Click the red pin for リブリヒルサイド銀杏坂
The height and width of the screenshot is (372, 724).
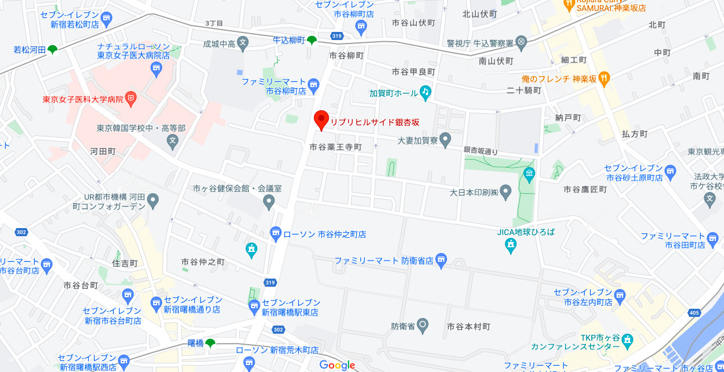[x=321, y=120]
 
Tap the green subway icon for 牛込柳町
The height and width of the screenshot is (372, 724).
[x=312, y=40]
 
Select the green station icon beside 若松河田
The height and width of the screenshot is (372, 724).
[x=53, y=50]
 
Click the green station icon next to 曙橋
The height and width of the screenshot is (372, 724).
[x=210, y=343]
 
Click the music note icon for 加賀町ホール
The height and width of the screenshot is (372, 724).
[x=426, y=92]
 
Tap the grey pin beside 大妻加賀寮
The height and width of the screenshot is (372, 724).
[x=445, y=140]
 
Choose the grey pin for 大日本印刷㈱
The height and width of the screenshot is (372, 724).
[x=506, y=191]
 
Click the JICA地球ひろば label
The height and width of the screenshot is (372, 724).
[x=526, y=232]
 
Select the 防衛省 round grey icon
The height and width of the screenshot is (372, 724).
[x=423, y=326]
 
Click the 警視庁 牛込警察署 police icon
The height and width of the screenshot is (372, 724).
[x=522, y=42]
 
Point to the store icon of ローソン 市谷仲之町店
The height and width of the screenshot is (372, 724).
[x=276, y=234]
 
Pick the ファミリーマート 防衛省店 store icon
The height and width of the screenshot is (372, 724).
[x=441, y=260]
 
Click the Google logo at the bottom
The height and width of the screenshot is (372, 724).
[x=337, y=365]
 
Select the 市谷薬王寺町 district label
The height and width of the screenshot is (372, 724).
[x=335, y=147]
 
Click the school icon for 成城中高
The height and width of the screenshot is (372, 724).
[x=243, y=42]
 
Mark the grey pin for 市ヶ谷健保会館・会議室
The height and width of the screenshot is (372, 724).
[x=268, y=201]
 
